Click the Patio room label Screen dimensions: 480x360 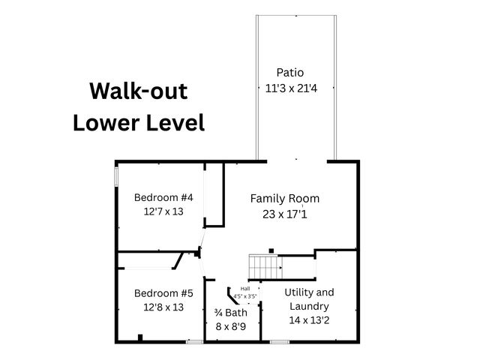point(290,73)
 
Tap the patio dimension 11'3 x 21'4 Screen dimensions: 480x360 point(291,88)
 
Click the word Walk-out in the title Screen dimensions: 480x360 point(138,91)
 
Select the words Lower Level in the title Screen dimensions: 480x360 point(139,122)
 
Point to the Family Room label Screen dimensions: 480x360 point(285,199)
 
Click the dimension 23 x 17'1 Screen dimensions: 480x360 point(285,214)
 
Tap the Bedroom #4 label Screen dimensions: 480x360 point(163,197)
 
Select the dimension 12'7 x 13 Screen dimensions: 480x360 point(163,211)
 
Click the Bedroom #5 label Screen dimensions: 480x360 point(163,293)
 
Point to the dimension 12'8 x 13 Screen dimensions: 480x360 point(163,307)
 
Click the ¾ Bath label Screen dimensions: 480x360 point(230,313)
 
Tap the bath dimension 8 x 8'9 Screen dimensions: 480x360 point(230,327)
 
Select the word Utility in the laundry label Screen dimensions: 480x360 point(296,292)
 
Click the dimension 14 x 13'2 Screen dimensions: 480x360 point(309,320)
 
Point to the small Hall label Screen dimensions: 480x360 point(245,289)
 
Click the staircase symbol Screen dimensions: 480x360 point(265,267)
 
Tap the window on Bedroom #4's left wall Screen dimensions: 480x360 point(116,176)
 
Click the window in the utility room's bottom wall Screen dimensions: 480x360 point(280,342)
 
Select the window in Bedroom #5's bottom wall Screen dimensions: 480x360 point(195,342)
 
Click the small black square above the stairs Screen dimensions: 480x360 point(271,251)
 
